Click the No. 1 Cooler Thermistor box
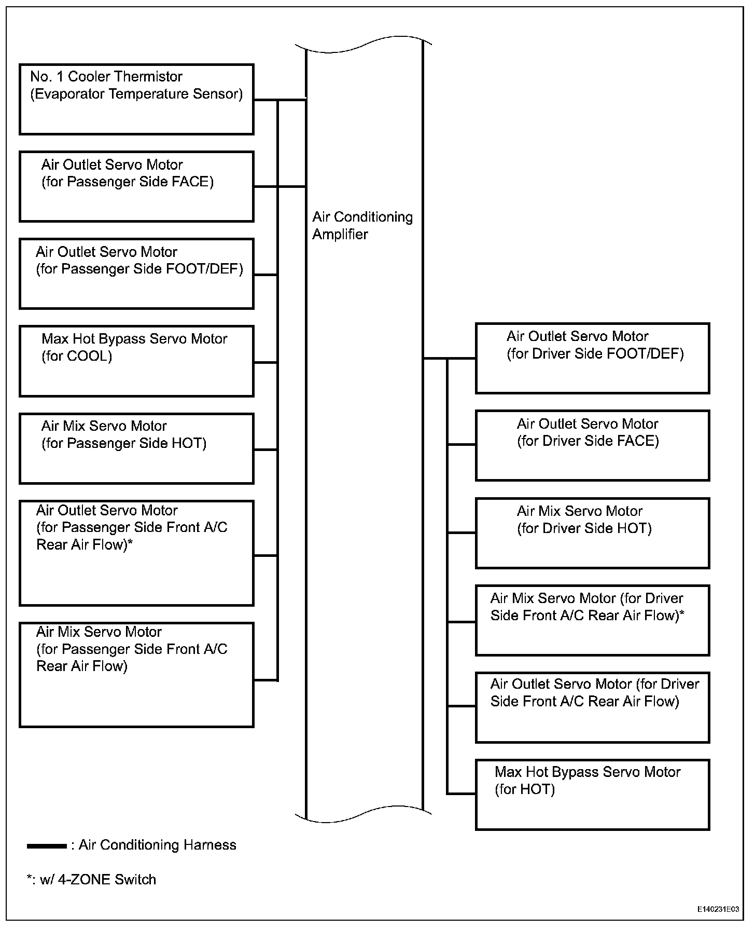pyautogui.click(x=136, y=100)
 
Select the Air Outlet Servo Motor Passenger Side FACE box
pyautogui.click(x=136, y=187)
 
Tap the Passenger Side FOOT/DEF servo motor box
pyautogui.click(x=136, y=274)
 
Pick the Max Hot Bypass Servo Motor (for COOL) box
pyautogui.click(x=136, y=361)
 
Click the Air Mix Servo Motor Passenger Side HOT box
pyautogui.click(x=136, y=448)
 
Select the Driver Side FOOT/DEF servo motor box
pyautogui.click(x=592, y=358)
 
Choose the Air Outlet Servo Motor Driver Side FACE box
pyautogui.click(x=592, y=445)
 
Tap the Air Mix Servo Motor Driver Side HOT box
pyautogui.click(x=592, y=533)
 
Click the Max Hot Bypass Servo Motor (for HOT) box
pyautogui.click(x=592, y=795)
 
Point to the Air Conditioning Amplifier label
pyautogui.click(x=362, y=226)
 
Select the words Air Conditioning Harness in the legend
pyautogui.click(x=157, y=845)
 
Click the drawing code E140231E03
pyautogui.click(x=718, y=909)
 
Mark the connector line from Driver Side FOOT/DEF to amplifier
pyautogui.click(x=449, y=358)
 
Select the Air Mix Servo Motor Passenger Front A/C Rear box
pyautogui.click(x=136, y=675)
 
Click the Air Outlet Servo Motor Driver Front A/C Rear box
pyautogui.click(x=592, y=707)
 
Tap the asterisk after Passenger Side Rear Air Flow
pyautogui.click(x=130, y=543)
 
